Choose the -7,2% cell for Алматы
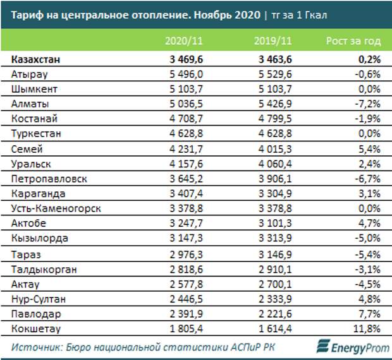coord(369,104)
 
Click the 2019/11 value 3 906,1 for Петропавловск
coord(273,179)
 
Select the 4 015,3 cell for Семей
coord(273,149)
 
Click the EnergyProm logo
coord(351,347)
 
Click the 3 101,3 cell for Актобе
coord(273,224)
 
